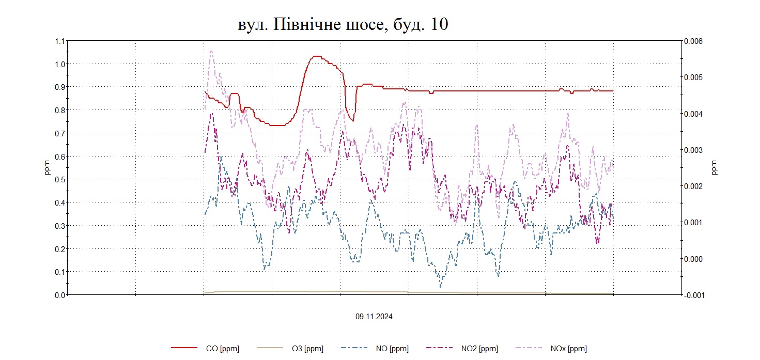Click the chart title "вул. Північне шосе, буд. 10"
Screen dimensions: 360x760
pos(343,25)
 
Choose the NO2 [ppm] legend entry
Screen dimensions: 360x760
pos(481,349)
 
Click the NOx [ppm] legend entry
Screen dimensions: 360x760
pos(570,349)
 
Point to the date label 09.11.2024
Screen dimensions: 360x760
pos(374,317)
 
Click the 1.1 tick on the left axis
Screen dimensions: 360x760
pos(60,41)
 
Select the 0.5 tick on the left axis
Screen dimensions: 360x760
pos(60,179)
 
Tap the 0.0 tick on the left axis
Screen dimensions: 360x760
pos(60,294)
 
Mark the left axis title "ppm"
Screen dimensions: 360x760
pos(47,168)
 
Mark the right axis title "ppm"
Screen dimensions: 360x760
pos(715,168)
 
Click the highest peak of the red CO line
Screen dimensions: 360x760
pos(316,56)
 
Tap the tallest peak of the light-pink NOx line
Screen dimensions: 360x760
pos(211,51)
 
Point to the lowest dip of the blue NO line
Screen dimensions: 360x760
pos(440,287)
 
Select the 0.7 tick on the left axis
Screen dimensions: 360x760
pos(60,133)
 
